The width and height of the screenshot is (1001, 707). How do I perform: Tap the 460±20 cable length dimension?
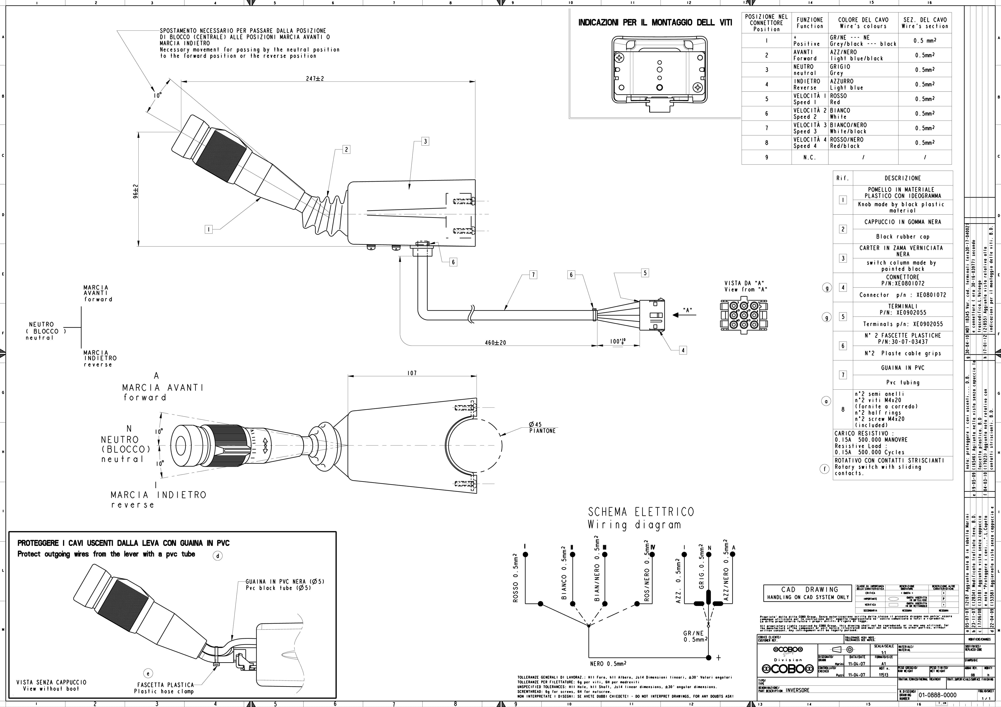click(x=495, y=343)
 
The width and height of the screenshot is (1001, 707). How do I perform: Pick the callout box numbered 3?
click(x=425, y=141)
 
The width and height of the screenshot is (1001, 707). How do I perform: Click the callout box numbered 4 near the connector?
click(x=683, y=350)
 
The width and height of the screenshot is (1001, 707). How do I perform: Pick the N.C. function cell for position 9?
click(x=810, y=157)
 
